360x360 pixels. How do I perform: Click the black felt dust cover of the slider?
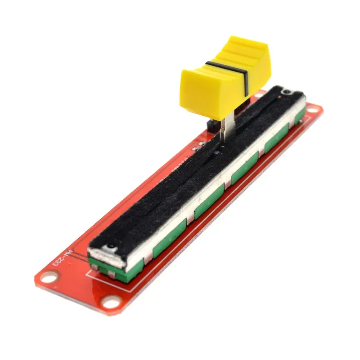pyautogui.click(x=189, y=180)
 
